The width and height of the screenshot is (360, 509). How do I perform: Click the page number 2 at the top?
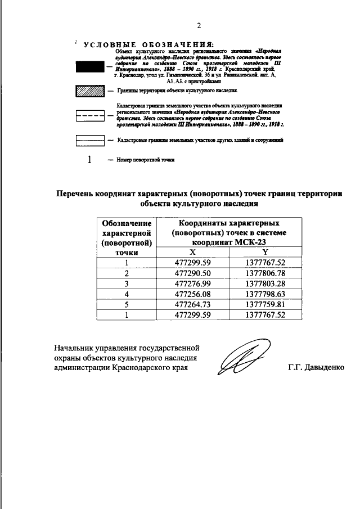click(x=199, y=25)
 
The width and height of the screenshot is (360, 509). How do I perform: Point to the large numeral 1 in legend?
click(x=89, y=160)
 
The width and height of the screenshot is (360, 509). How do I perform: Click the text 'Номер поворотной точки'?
click(x=145, y=160)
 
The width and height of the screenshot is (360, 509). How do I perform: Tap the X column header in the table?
click(x=192, y=253)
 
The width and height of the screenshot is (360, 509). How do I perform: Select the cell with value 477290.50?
click(x=192, y=273)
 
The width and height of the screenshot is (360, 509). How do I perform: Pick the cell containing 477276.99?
click(x=192, y=283)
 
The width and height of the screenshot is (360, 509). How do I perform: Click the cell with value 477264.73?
click(x=192, y=304)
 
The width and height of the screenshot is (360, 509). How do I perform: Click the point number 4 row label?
click(x=127, y=294)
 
